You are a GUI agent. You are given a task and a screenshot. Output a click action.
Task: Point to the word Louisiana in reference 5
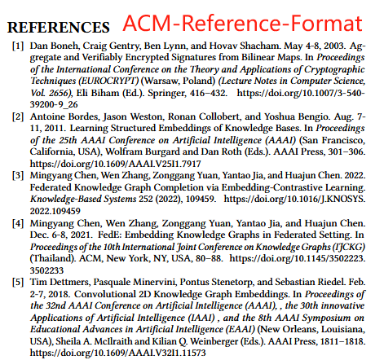(x=350, y=322)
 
